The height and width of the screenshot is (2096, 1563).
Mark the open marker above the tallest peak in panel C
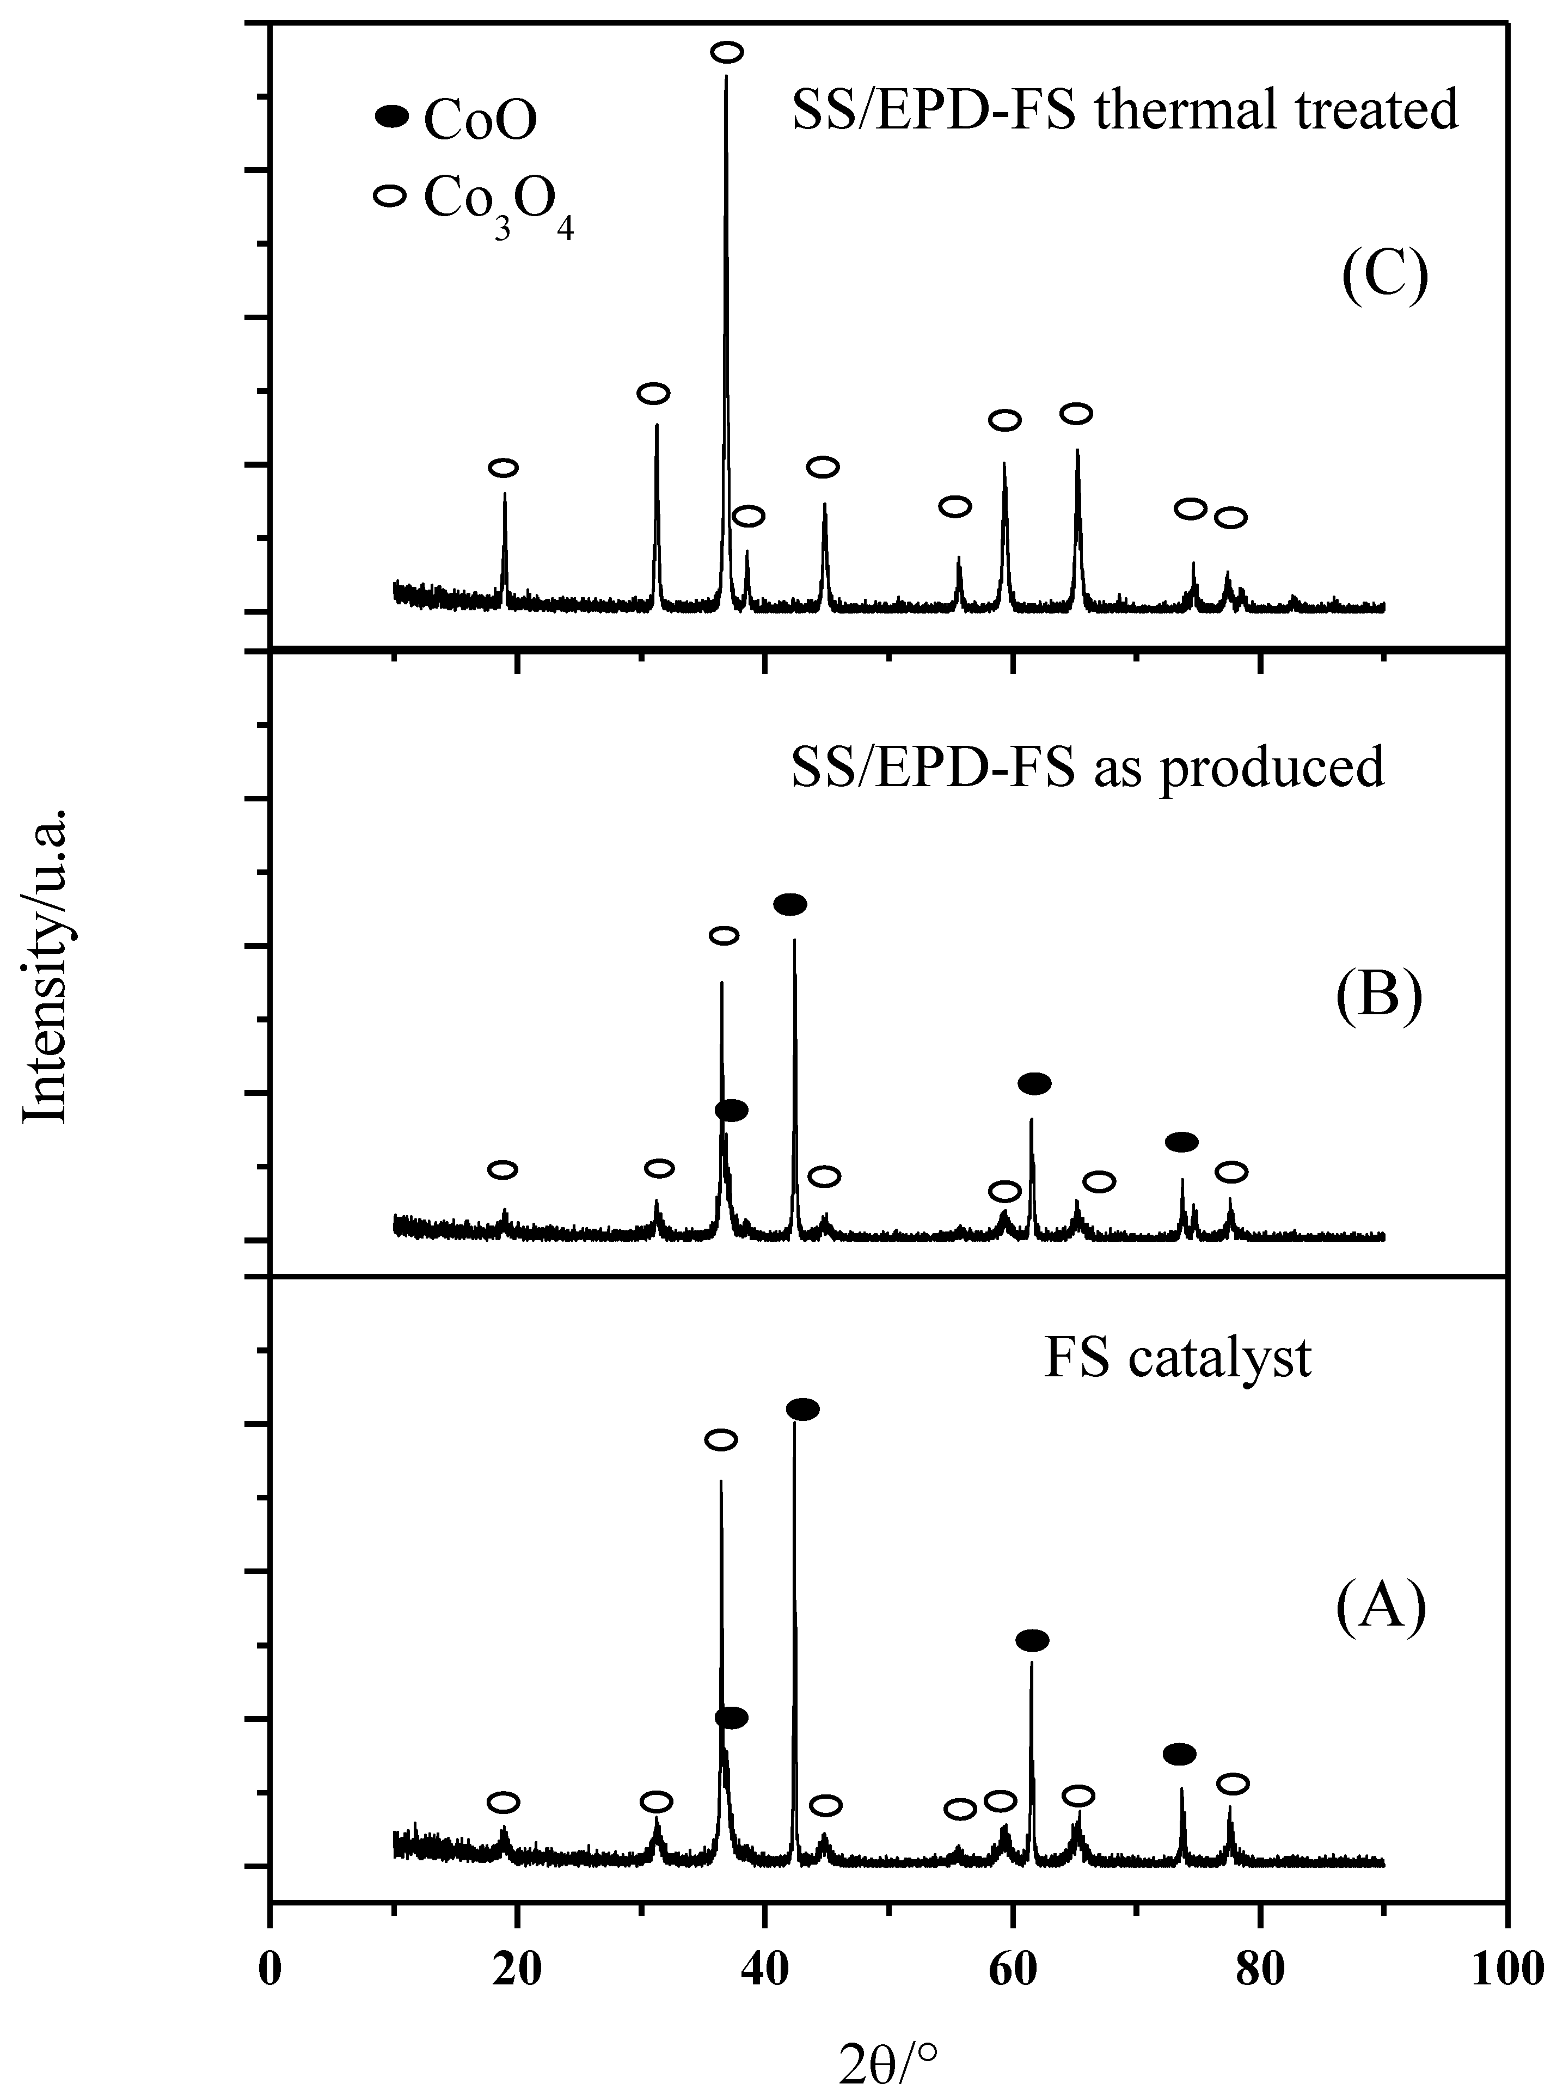point(727,52)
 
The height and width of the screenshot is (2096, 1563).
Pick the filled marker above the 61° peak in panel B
point(1034,1083)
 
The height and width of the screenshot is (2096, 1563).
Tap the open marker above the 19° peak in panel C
point(504,468)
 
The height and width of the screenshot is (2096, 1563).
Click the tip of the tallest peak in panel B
point(794,940)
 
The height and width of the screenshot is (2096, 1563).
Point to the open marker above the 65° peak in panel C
point(1076,414)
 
